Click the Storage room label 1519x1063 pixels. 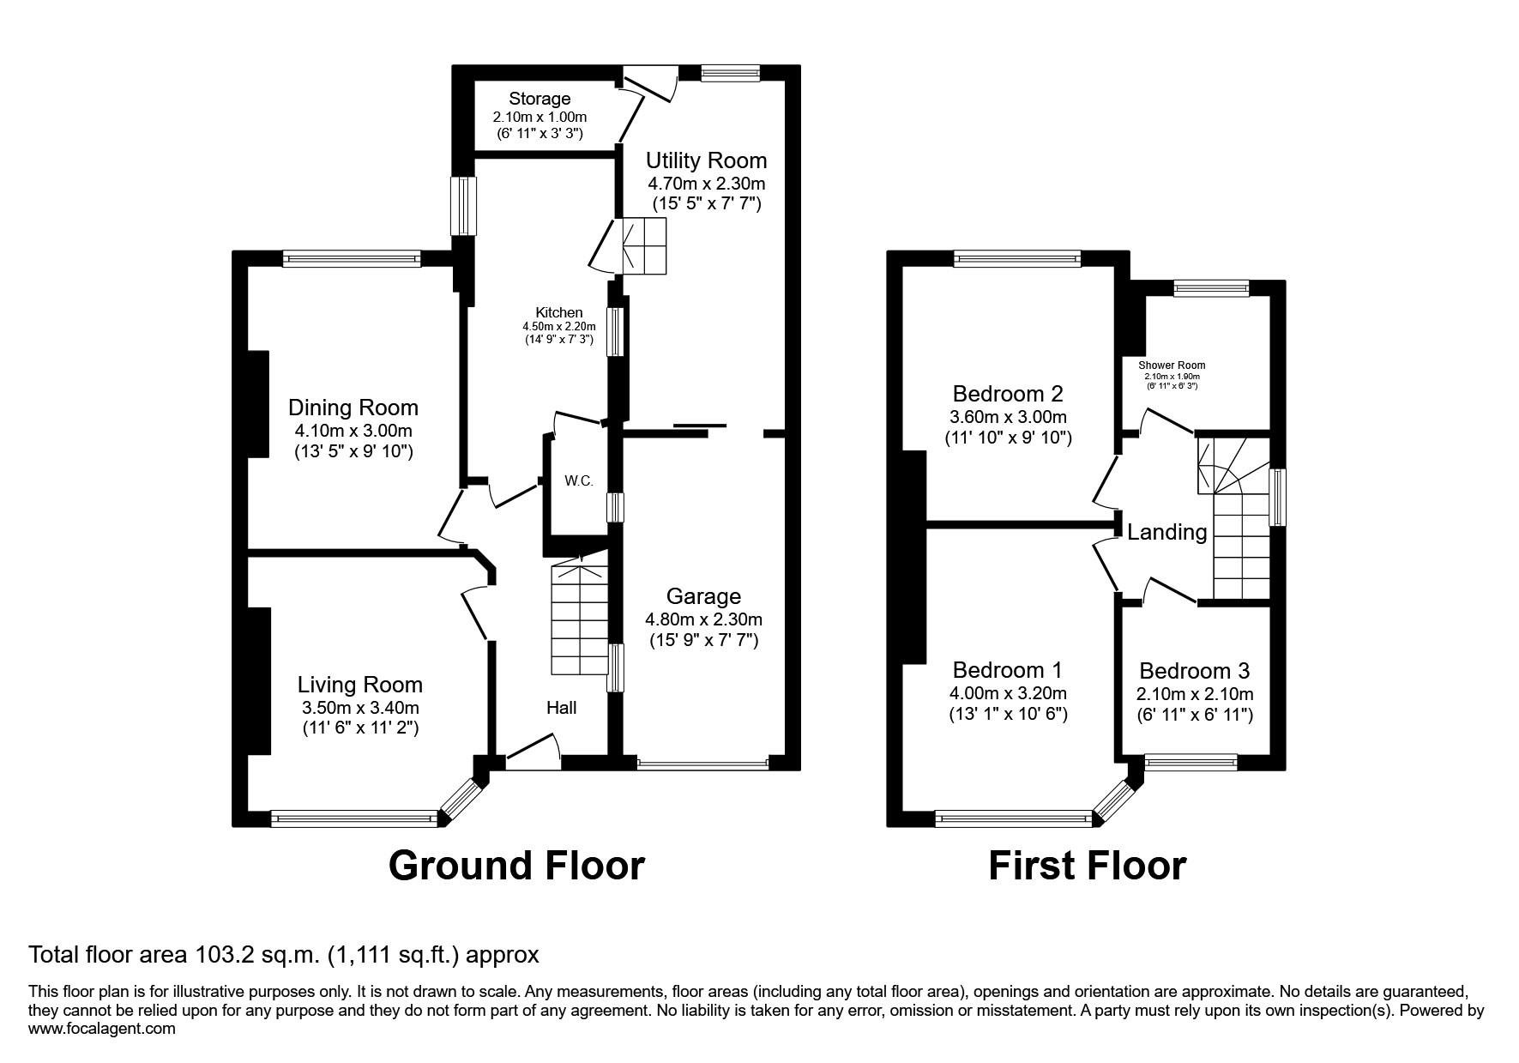point(539,99)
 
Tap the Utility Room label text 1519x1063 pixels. point(706,160)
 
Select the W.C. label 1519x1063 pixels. point(579,480)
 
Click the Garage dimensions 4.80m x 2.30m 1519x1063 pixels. point(703,619)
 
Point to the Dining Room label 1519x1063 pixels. point(353,408)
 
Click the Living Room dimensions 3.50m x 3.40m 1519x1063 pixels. point(360,708)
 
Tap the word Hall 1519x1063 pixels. point(562,708)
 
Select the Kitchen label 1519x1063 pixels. point(559,313)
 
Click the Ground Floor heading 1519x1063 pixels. point(516,866)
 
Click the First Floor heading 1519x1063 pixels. point(1087,866)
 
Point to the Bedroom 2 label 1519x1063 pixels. point(1008,394)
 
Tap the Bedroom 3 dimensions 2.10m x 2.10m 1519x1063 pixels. point(1195,694)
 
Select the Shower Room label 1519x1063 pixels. point(1172,365)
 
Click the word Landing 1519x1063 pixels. point(1166,533)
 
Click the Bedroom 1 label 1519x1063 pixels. point(1008,669)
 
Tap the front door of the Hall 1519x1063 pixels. point(532,749)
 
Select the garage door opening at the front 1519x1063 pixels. point(702,763)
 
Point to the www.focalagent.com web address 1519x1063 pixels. point(102,1029)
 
